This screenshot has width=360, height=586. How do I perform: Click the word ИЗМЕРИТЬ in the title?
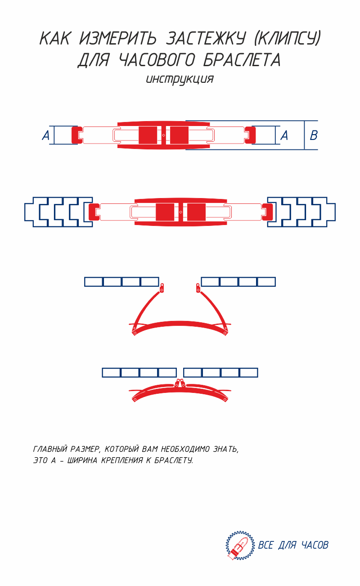(x=118, y=38)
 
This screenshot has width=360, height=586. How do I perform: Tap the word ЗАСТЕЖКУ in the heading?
(x=206, y=38)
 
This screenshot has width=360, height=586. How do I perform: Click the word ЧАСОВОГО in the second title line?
(x=157, y=60)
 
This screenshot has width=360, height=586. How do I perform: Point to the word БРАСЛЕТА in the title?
(x=242, y=60)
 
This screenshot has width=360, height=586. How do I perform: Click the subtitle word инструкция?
(x=180, y=79)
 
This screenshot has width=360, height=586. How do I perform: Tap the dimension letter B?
(x=314, y=135)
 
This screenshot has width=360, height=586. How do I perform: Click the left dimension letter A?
(x=46, y=135)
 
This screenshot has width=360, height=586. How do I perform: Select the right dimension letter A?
(x=284, y=135)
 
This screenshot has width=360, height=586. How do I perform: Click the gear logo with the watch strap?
(x=240, y=545)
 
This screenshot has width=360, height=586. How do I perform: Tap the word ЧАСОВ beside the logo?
(x=315, y=545)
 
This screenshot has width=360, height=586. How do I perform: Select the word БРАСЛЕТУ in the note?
(x=174, y=460)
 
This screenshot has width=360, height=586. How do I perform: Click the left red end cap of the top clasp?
(x=77, y=135)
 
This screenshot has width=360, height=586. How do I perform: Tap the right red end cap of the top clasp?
(x=250, y=135)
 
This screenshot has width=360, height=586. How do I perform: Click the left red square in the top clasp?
(x=148, y=135)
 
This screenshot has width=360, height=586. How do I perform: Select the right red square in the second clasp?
(x=196, y=212)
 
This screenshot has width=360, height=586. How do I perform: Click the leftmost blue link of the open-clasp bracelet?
(x=94, y=282)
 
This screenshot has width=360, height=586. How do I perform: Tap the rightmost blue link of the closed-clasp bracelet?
(x=248, y=373)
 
